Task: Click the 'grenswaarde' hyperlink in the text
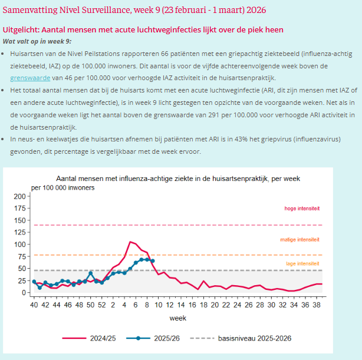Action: click(30, 77)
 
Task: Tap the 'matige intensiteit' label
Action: click(300, 239)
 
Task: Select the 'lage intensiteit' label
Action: click(302, 263)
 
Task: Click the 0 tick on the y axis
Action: click(24, 292)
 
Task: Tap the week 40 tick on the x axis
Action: click(34, 305)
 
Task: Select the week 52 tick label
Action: click(101, 305)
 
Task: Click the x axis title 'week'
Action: click(177, 318)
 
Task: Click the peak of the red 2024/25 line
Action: click(130, 242)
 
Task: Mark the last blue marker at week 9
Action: click(153, 260)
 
